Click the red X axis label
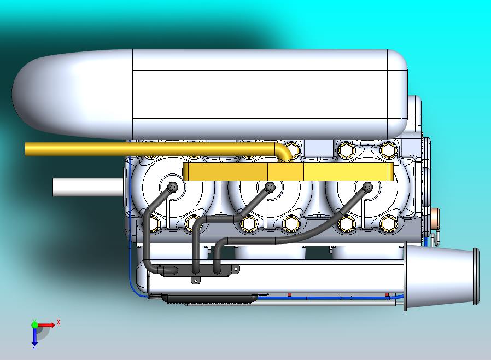click(x=59, y=322)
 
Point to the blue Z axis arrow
click(x=34, y=339)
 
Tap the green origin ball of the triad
click(x=34, y=325)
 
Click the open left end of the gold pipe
click(x=26, y=149)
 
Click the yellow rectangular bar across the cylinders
click(x=288, y=172)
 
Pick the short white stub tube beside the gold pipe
click(x=87, y=187)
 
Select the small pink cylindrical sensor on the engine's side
click(x=435, y=218)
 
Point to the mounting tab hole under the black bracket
click(x=195, y=280)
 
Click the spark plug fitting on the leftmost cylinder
click(x=173, y=187)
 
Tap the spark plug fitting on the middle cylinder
click(x=270, y=187)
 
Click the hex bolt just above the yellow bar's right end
click(x=388, y=149)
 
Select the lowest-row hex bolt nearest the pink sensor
click(x=388, y=223)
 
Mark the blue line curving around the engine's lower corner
click(x=133, y=284)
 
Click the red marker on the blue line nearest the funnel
click(x=387, y=295)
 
